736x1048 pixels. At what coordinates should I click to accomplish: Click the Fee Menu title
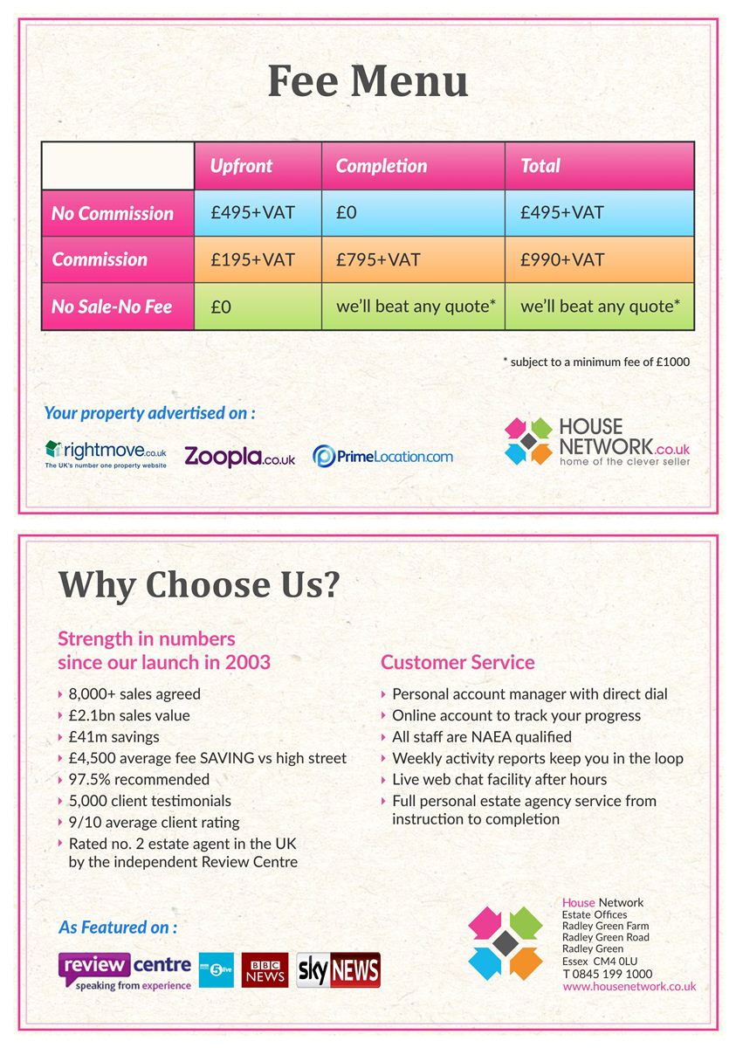click(368, 81)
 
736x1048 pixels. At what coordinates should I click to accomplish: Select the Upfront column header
click(241, 166)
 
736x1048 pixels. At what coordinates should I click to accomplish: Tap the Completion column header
click(382, 166)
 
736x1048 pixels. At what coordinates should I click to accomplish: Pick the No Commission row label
click(113, 213)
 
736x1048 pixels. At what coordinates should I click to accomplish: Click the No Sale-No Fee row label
click(112, 307)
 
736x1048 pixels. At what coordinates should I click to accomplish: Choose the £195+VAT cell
click(252, 259)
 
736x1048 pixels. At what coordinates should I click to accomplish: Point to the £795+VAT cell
click(378, 259)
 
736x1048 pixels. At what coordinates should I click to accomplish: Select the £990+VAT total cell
click(562, 259)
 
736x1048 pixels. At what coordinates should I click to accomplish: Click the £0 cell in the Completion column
click(347, 213)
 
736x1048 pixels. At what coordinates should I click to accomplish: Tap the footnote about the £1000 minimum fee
click(596, 362)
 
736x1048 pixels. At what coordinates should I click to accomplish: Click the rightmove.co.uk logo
click(106, 454)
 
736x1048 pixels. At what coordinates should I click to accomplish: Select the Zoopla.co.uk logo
click(239, 456)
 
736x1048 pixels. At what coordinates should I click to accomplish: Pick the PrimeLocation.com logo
click(382, 456)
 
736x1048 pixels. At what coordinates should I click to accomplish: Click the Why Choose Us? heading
click(198, 585)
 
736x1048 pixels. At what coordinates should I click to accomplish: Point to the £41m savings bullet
click(113, 736)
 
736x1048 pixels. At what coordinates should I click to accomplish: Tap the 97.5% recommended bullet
click(139, 779)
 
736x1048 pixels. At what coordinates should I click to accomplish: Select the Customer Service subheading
click(457, 662)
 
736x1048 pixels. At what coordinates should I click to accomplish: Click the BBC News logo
click(265, 969)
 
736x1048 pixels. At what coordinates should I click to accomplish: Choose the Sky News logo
click(339, 969)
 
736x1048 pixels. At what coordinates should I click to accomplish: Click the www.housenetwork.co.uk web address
click(629, 986)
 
